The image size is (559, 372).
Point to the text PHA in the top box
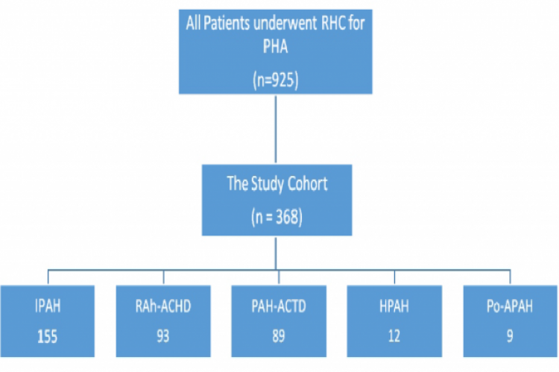276,49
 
